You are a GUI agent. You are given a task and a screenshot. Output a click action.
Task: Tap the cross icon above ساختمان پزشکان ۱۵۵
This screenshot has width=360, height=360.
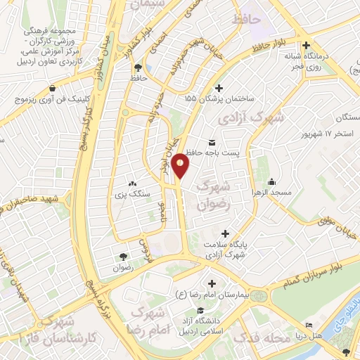pyautogui.click(x=219, y=88)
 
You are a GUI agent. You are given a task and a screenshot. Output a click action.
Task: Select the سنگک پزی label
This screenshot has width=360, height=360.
pyautogui.click(x=129, y=193)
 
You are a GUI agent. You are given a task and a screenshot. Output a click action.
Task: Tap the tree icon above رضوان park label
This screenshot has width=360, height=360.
pyautogui.click(x=124, y=257)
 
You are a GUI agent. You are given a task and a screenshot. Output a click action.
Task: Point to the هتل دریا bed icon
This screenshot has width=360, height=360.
pyautogui.click(x=308, y=326)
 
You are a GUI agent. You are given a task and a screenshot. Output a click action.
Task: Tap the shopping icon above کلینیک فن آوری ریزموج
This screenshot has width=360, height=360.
pyautogui.click(x=53, y=90)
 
